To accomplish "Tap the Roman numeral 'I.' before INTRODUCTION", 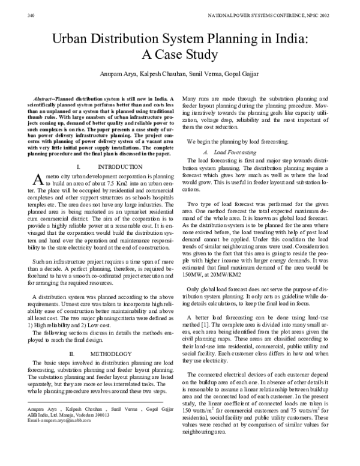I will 80,166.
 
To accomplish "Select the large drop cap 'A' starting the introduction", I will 35,178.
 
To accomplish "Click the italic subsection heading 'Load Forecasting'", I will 229,154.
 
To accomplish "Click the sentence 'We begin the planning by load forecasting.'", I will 238,142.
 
